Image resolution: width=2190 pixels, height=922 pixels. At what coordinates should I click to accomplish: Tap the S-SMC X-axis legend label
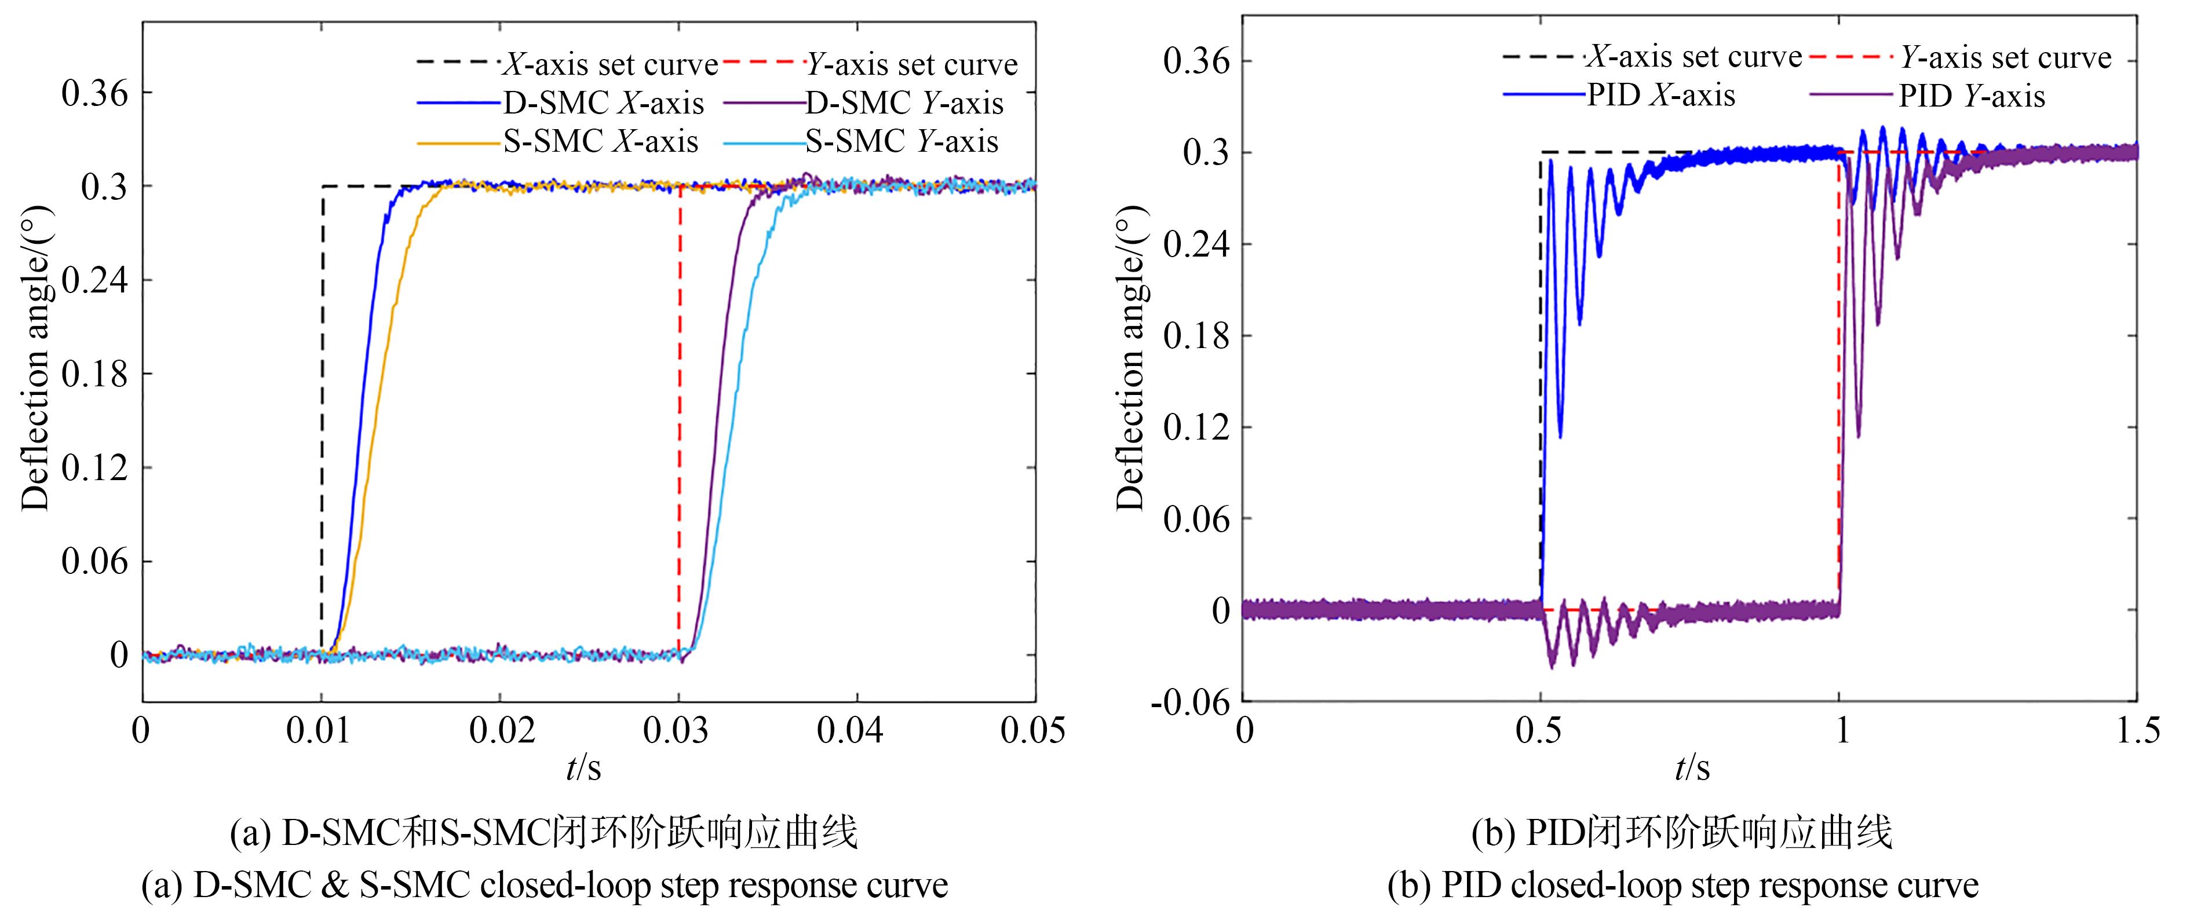pyautogui.click(x=600, y=142)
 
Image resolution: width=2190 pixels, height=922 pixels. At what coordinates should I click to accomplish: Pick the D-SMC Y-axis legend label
pyautogui.click(x=904, y=104)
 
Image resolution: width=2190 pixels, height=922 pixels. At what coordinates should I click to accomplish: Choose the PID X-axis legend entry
pyautogui.click(x=1660, y=95)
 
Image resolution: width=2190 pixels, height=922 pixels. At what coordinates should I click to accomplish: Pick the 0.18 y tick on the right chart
pyautogui.click(x=1196, y=336)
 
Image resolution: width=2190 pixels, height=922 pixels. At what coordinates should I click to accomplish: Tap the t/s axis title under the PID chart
pyautogui.click(x=1691, y=768)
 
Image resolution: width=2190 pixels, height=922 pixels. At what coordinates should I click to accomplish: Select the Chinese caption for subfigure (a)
pyautogui.click(x=544, y=833)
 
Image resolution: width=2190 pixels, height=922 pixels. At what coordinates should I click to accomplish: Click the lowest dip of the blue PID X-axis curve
pyautogui.click(x=1560, y=437)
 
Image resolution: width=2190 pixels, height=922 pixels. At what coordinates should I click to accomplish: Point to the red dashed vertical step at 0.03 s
pyautogui.click(x=679, y=425)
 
